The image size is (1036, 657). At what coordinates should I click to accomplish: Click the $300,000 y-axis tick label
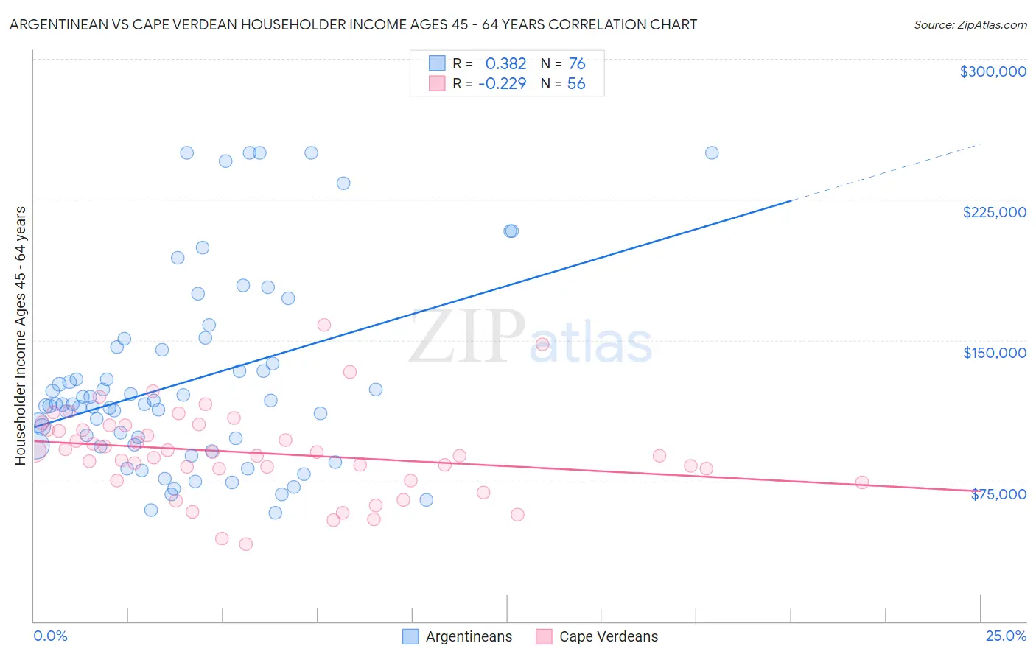993,71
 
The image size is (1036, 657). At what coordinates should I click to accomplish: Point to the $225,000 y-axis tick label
994,212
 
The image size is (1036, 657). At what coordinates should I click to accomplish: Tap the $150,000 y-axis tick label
994,353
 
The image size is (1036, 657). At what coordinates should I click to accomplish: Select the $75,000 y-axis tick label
998,494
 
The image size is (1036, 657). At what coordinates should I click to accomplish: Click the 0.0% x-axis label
50,636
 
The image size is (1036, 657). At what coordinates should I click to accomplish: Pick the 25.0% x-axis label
1006,636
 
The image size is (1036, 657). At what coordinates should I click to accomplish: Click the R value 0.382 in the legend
505,63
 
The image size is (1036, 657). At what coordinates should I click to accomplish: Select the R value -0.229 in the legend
503,83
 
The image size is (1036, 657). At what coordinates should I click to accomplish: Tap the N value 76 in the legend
577,63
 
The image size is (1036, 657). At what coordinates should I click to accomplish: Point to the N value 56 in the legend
576,83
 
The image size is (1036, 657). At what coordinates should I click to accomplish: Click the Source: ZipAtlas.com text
970,24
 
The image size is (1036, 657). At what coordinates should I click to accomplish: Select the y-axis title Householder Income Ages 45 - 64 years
20,335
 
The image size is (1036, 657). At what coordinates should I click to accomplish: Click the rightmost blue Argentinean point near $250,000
712,153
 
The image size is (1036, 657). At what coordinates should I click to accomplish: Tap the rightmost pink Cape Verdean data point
862,482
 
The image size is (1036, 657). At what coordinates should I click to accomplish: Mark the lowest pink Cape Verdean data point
246,544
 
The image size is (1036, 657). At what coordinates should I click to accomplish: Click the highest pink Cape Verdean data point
323,325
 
